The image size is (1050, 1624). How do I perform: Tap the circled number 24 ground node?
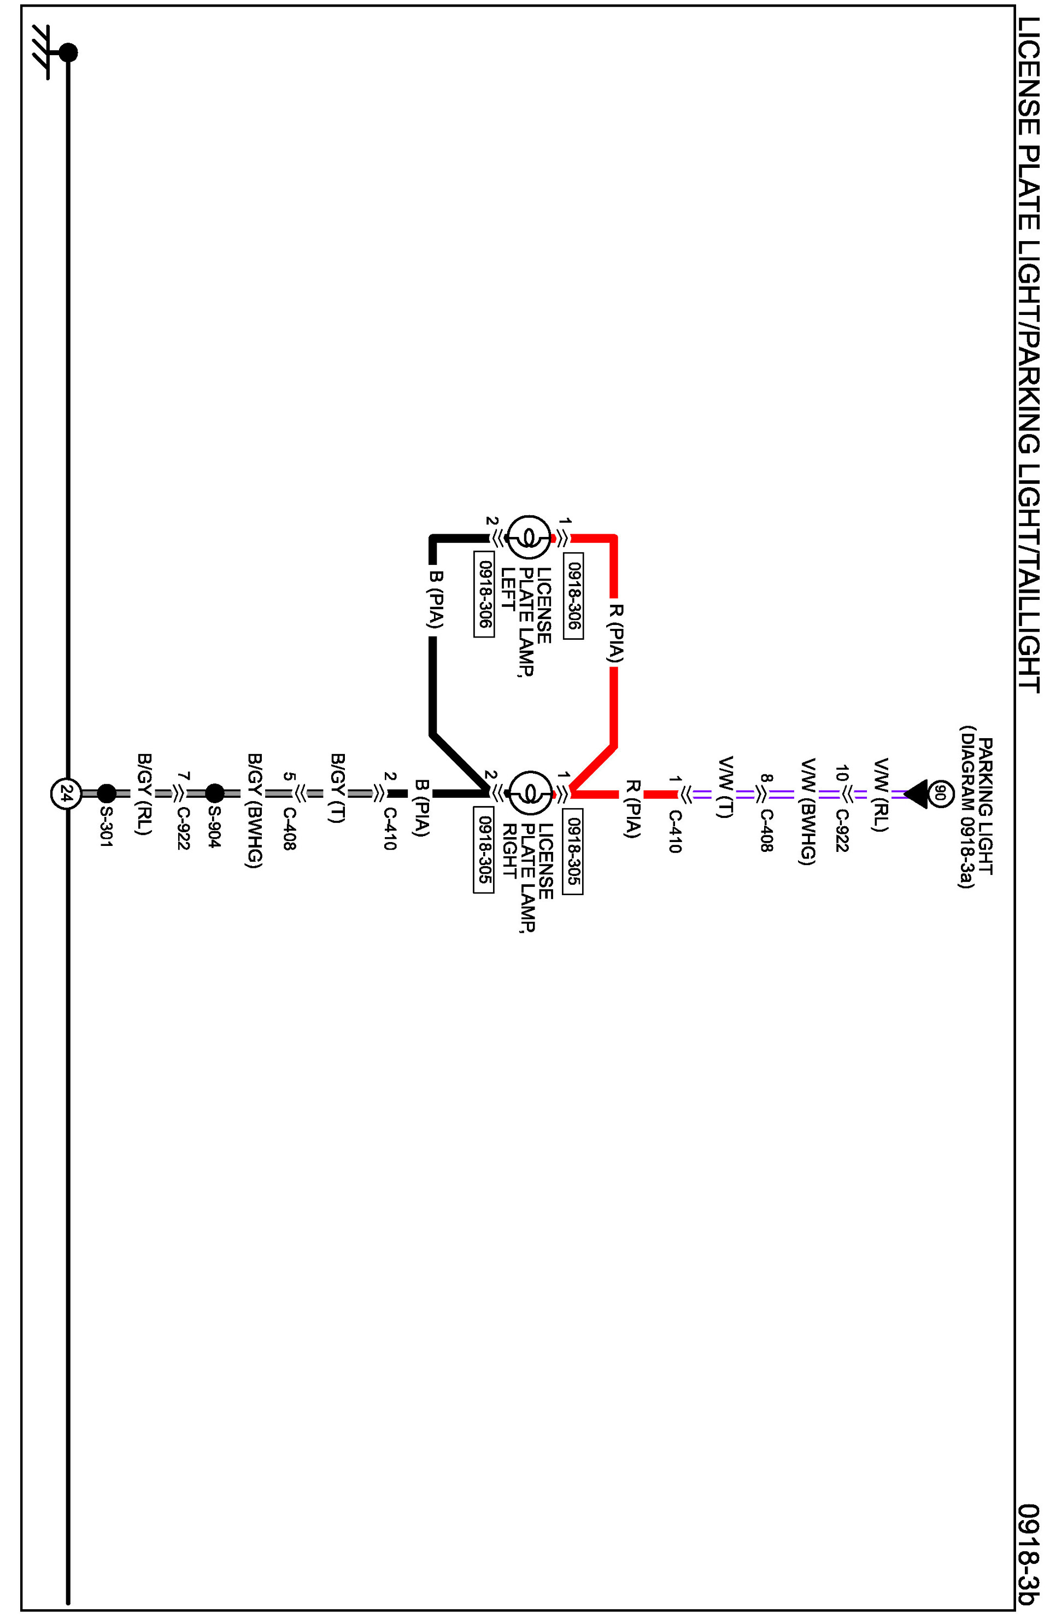pyautogui.click(x=66, y=794)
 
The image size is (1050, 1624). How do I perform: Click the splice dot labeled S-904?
pyautogui.click(x=215, y=793)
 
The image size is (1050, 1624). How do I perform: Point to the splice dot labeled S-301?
pyautogui.click(x=107, y=793)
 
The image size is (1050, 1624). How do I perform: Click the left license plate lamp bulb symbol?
pyautogui.click(x=530, y=538)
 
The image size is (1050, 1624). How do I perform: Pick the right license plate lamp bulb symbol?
pyautogui.click(x=530, y=793)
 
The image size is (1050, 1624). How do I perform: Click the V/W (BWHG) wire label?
pyautogui.click(x=807, y=811)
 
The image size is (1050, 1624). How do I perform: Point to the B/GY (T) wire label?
pyautogui.click(x=337, y=788)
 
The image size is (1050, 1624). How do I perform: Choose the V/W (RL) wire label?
pyautogui.click(x=881, y=794)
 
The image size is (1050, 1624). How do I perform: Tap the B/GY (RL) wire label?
pyautogui.click(x=144, y=794)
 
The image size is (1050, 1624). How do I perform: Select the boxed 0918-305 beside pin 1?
pyautogui.click(x=573, y=855)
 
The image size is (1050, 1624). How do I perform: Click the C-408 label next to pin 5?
pyautogui.click(x=289, y=829)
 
